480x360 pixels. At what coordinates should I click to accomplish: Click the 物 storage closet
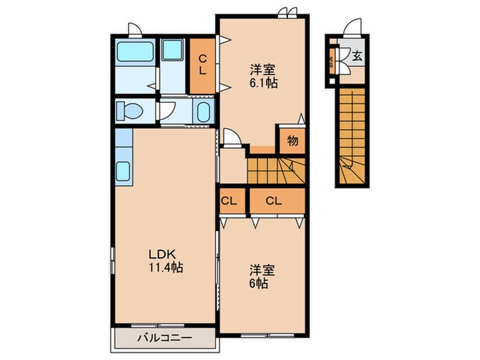pos(292,141)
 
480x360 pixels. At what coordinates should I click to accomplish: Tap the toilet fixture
pos(128,110)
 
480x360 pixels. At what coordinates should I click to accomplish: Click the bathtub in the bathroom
pos(134,51)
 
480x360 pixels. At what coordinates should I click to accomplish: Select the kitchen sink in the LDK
pos(124,170)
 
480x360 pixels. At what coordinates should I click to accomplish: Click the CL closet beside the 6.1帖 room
pos(203,64)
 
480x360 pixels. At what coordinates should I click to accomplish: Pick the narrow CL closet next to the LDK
pos(229,201)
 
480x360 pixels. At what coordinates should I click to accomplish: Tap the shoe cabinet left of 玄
pos(331,61)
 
